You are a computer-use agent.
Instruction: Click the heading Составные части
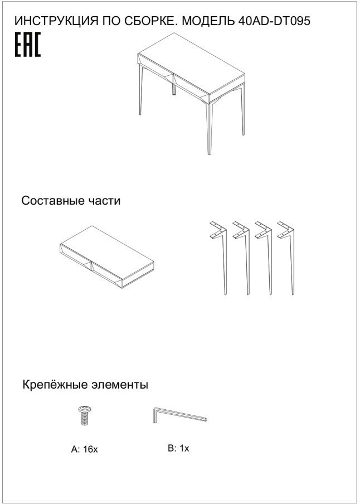70,201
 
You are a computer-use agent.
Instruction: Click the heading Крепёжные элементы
85,385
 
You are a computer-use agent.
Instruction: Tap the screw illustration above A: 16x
85,416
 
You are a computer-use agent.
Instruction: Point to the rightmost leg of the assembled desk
242,112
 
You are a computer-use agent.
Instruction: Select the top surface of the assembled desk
195,64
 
